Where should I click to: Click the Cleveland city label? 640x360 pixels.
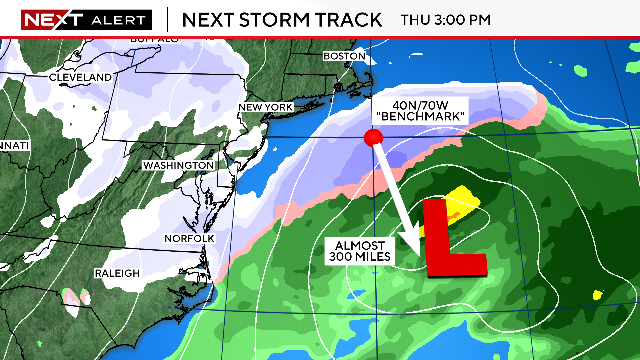(x=83, y=77)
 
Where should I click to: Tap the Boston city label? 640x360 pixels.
(x=347, y=57)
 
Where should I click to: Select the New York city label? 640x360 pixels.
(x=265, y=107)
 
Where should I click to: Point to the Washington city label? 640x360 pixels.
(x=178, y=165)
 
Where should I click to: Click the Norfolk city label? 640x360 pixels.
(x=190, y=238)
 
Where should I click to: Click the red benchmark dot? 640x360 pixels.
(x=373, y=137)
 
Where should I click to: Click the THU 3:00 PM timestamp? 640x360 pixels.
(x=445, y=19)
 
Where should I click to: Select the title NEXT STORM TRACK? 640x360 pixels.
(x=283, y=19)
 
